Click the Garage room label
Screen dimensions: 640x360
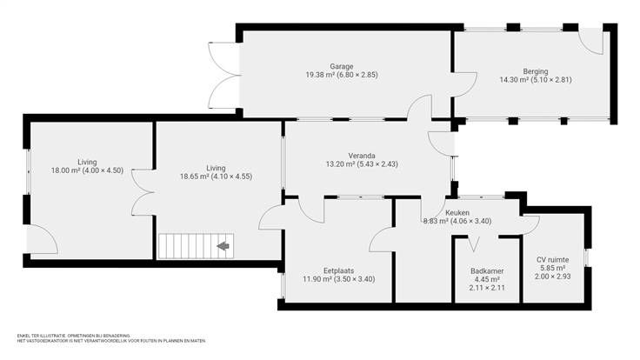point(342,66)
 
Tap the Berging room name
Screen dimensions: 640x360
point(536,71)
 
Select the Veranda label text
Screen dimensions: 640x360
point(362,156)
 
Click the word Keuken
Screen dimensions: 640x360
point(457,213)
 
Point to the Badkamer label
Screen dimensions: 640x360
point(487,271)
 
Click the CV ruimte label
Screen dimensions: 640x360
point(553,260)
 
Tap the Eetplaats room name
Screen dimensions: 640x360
point(339,270)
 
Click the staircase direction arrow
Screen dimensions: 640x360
point(223,246)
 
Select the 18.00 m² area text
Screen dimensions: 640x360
point(65,170)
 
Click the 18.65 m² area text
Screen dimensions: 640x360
point(194,177)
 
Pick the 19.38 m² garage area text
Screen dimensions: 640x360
point(320,75)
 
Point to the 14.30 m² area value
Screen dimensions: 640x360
point(514,80)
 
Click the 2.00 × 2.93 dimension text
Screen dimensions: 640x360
point(553,277)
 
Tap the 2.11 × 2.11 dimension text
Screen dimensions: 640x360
point(487,288)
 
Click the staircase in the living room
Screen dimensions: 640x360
point(196,246)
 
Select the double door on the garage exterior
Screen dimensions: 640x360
point(223,76)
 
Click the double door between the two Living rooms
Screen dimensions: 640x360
point(143,192)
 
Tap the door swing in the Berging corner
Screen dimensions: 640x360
point(591,41)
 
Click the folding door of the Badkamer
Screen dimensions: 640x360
point(473,244)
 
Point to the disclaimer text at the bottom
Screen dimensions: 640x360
point(111,338)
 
